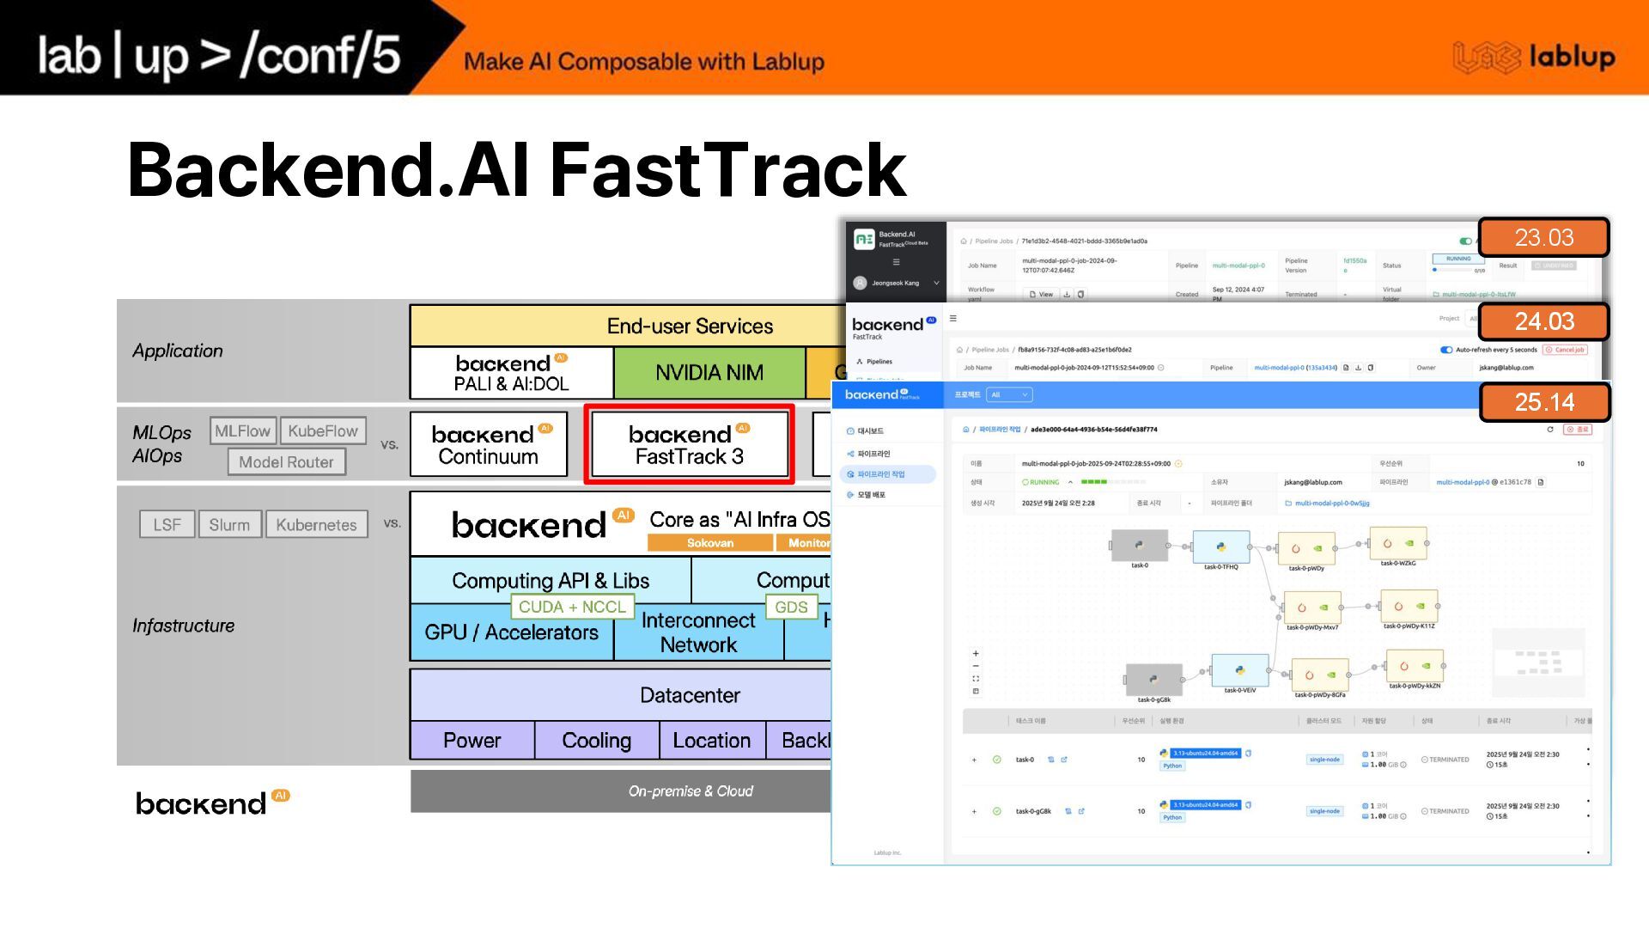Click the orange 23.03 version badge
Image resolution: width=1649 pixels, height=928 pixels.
pos(1543,237)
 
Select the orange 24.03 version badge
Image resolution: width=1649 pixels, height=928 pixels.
pos(1543,321)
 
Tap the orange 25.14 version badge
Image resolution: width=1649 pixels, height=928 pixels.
pos(1543,402)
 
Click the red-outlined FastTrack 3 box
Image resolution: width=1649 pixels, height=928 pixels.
pos(689,445)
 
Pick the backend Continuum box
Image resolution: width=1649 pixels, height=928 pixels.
pos(489,445)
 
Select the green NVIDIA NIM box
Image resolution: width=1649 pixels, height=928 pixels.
pos(709,373)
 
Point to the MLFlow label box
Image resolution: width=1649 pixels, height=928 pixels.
pos(242,430)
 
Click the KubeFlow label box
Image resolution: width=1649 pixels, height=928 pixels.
pos(323,430)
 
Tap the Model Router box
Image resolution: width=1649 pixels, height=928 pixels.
pos(286,461)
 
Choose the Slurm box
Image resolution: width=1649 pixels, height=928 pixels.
pos(229,524)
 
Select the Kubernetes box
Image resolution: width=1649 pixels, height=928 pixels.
pos(316,524)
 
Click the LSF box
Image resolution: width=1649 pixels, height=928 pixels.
pos(167,524)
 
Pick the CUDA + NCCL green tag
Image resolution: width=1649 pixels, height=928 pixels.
pos(572,607)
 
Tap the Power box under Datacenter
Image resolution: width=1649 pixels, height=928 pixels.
pos(472,741)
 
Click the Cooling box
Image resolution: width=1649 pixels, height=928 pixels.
pos(596,741)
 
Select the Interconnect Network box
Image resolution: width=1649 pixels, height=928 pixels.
pos(698,633)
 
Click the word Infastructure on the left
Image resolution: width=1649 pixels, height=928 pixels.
pos(183,626)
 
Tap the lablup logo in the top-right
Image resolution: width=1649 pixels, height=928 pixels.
pos(1534,57)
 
